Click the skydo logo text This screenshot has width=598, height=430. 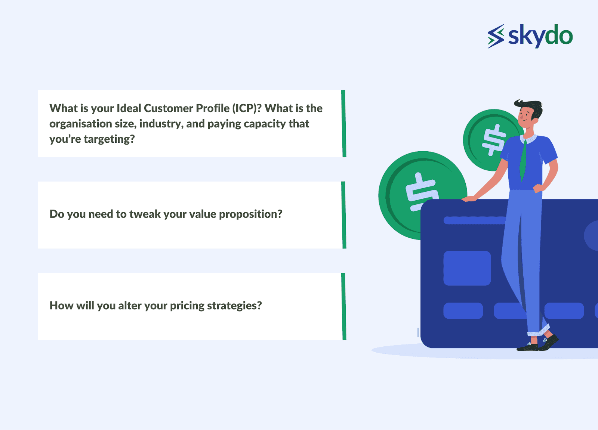pyautogui.click(x=540, y=36)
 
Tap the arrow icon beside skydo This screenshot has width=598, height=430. pyautogui.click(x=496, y=36)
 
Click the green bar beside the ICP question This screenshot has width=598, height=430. pyautogui.click(x=343, y=124)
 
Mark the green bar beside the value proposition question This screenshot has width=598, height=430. pyautogui.click(x=343, y=215)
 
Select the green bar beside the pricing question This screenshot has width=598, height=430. pyautogui.click(x=343, y=306)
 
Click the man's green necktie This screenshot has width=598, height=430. pyautogui.click(x=523, y=160)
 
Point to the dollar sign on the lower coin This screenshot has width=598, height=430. pyautogui.click(x=421, y=192)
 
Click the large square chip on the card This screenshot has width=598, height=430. pyautogui.click(x=467, y=268)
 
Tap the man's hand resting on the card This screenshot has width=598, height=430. pyautogui.click(x=469, y=199)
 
